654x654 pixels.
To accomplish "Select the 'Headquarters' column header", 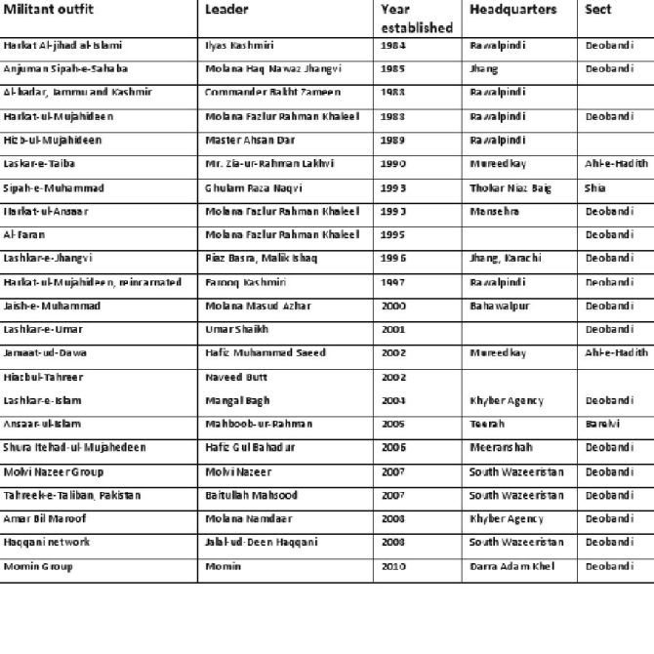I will (x=512, y=10).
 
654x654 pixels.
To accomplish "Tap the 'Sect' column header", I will (x=597, y=10).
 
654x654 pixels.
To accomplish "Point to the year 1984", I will (x=393, y=46).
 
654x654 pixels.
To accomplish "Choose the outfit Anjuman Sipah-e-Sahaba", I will (x=65, y=69).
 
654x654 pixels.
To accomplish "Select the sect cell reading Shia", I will (x=595, y=187).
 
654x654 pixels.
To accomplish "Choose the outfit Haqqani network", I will (x=47, y=542).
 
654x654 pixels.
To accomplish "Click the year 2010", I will (x=393, y=566).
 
